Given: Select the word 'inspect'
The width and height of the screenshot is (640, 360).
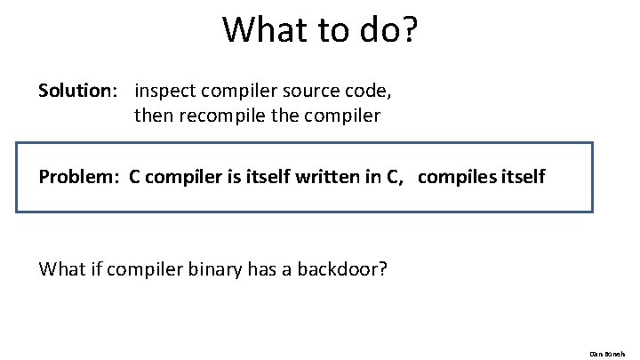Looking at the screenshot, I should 166,92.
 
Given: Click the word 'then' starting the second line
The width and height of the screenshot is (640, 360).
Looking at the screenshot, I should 154,116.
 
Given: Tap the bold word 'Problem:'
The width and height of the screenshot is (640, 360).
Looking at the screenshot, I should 79,177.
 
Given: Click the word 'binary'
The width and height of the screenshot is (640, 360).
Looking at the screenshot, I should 212,268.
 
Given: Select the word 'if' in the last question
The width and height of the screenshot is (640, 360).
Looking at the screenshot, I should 94,268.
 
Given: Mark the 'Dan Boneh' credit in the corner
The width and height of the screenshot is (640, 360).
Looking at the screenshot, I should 610,352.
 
